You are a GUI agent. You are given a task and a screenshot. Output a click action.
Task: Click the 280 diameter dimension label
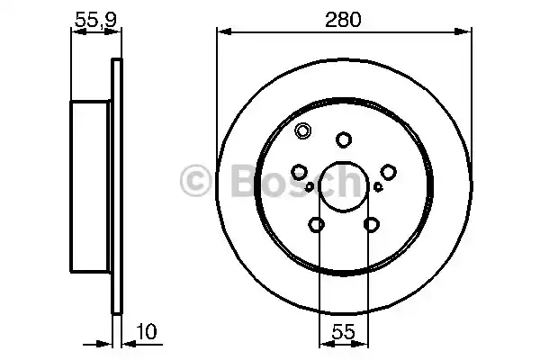click(x=344, y=18)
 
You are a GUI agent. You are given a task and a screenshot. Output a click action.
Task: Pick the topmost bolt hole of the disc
click(x=344, y=139)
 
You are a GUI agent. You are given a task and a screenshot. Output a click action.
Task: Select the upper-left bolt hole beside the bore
click(x=300, y=171)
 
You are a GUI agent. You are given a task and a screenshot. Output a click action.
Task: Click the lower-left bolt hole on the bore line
click(x=317, y=225)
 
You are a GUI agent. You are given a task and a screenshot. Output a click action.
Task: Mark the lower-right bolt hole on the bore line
click(x=371, y=225)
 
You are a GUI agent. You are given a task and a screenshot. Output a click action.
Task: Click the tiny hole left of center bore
click(x=310, y=187)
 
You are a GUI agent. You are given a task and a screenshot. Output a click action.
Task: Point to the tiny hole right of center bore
click(x=379, y=187)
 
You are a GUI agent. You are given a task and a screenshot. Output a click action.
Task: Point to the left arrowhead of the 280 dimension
click(x=222, y=33)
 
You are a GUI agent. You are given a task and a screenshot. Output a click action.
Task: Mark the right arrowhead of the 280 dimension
click(x=465, y=33)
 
